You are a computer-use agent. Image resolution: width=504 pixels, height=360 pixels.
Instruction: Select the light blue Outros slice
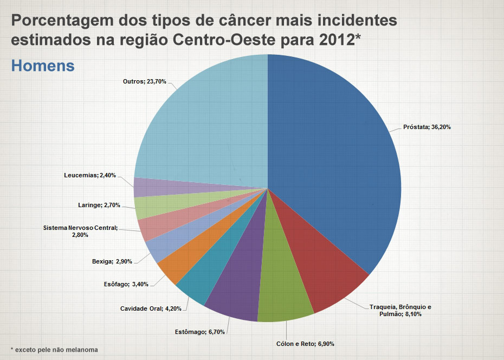(206, 119)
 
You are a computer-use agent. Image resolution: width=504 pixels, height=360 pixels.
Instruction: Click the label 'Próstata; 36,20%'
(427, 127)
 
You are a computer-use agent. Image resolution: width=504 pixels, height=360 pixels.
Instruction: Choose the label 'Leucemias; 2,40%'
(89, 175)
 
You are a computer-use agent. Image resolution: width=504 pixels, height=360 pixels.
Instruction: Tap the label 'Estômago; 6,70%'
(200, 331)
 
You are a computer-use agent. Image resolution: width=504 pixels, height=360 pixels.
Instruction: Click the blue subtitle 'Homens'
(42, 66)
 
